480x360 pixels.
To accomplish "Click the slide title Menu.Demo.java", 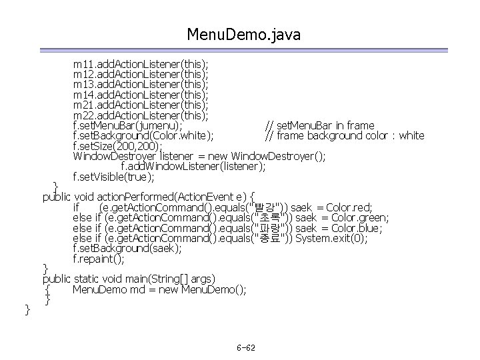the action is (x=244, y=33).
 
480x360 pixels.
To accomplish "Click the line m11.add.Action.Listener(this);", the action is (x=141, y=65).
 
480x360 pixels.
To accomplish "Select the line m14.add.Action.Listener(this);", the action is (x=141, y=95).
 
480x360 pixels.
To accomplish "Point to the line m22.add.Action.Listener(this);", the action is (x=141, y=115).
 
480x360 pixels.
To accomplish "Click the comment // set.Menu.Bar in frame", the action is (x=319, y=125).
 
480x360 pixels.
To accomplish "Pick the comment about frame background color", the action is (x=344, y=135).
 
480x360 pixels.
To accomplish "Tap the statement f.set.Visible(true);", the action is (x=113, y=177).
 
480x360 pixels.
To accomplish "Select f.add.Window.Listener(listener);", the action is (x=193, y=166).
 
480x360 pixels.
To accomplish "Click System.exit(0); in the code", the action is (x=331, y=238).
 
